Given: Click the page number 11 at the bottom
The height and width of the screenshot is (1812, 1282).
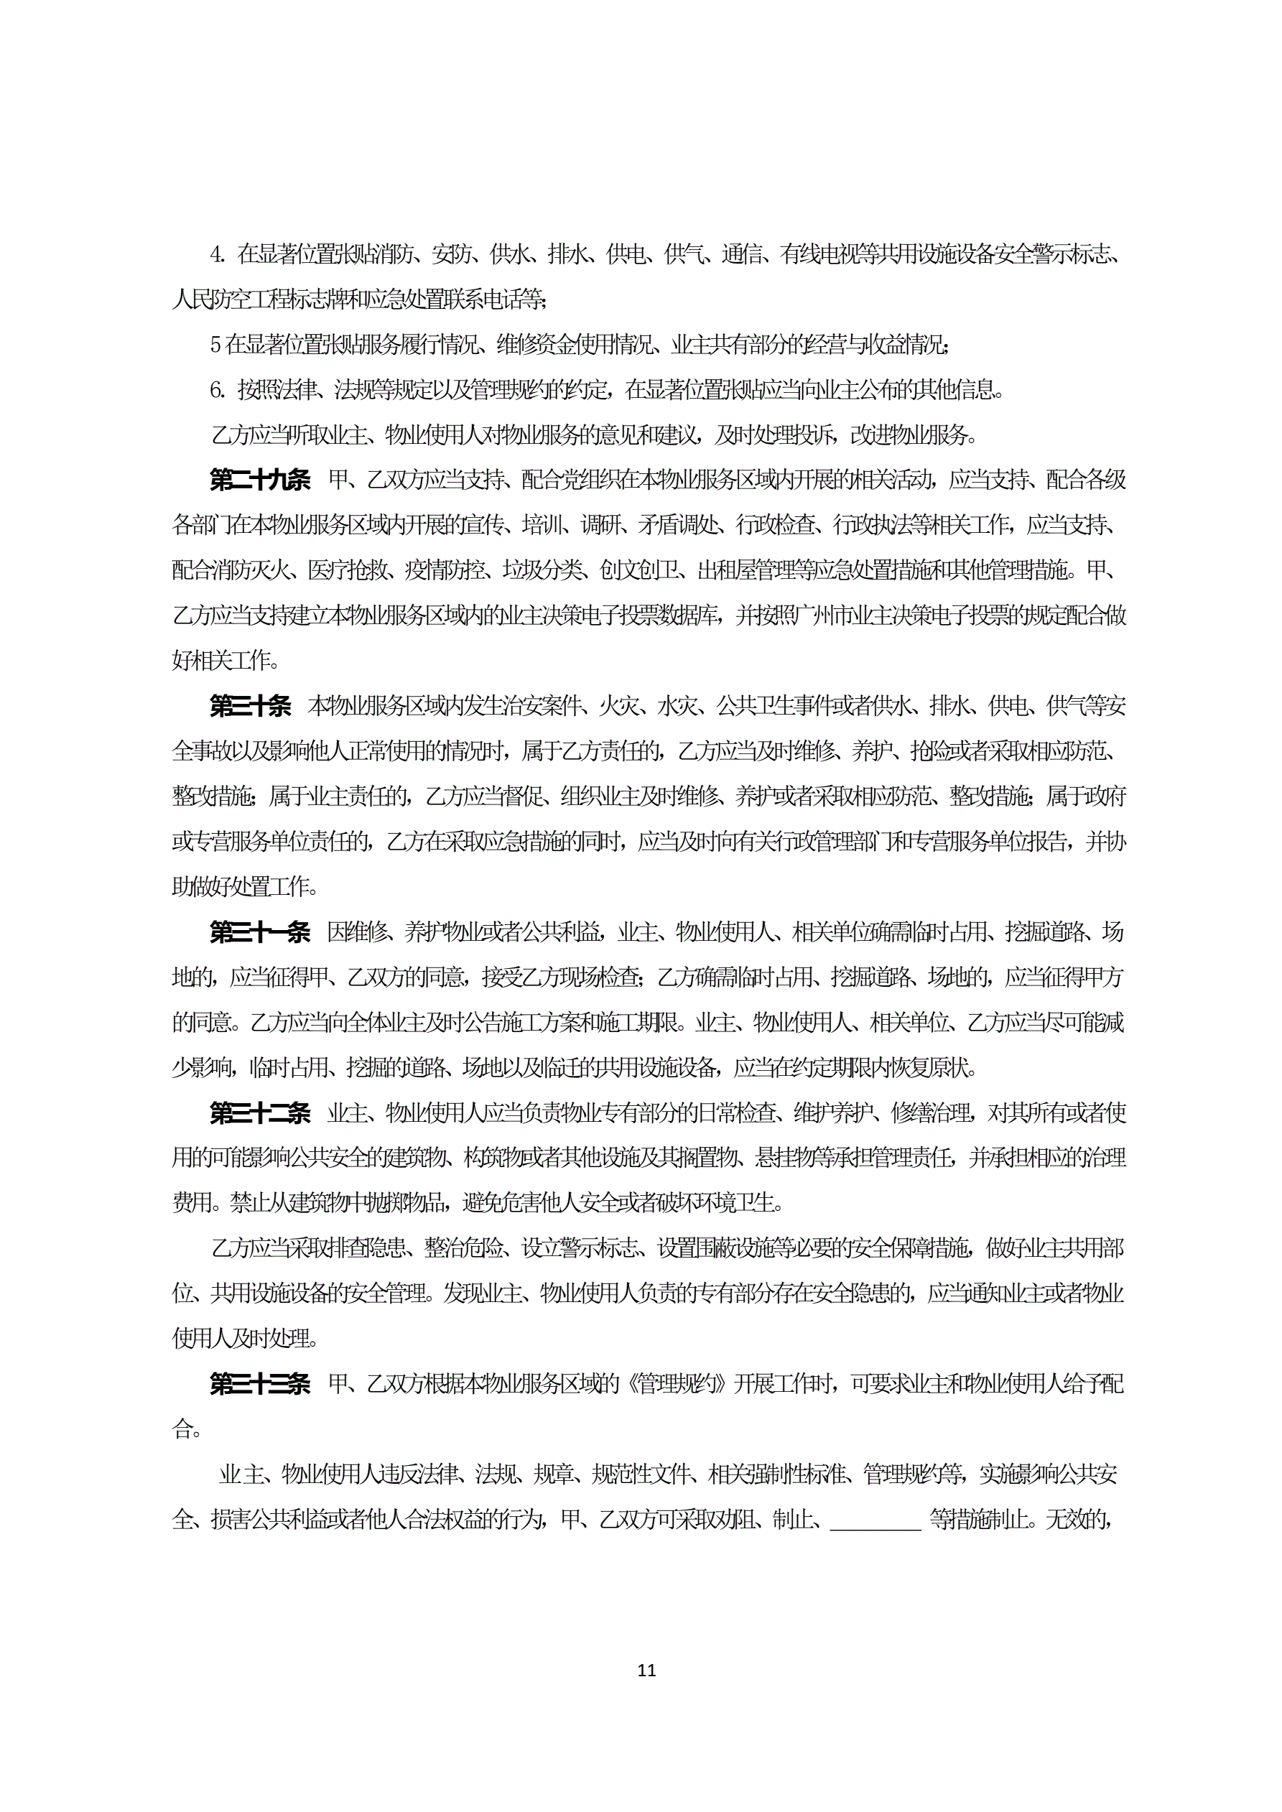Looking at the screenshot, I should pyautogui.click(x=646, y=1669).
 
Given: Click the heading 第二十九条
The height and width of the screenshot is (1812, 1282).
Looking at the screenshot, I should pyautogui.click(x=260, y=480).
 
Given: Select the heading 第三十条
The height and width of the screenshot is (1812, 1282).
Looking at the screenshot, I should pyautogui.click(x=250, y=705).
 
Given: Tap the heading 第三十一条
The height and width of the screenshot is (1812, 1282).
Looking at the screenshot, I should pyautogui.click(x=260, y=932).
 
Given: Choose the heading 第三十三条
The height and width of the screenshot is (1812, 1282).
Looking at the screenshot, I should pyautogui.click(x=260, y=1383).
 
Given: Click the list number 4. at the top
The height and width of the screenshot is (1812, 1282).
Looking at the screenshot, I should pyautogui.click(x=217, y=254).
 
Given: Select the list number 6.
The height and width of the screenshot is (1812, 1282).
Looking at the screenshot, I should pyautogui.click(x=217, y=390).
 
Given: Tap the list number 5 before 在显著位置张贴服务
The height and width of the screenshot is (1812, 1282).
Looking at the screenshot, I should pyautogui.click(x=215, y=345).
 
